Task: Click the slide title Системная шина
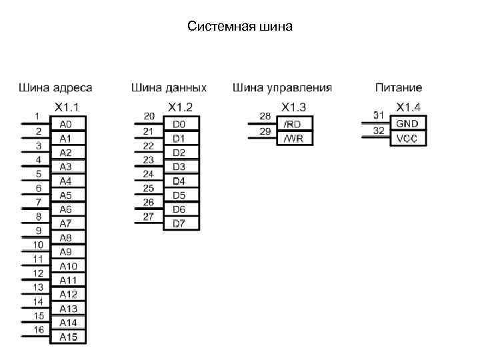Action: click(240, 27)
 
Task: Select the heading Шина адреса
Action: click(55, 88)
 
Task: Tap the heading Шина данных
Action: click(169, 88)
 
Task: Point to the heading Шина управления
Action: click(282, 88)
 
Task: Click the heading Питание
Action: click(398, 88)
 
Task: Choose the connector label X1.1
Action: click(67, 107)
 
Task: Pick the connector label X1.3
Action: click(294, 107)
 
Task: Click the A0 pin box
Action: click(67, 124)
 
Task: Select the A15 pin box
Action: click(69, 337)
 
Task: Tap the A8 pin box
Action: click(67, 237)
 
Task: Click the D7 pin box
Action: click(179, 223)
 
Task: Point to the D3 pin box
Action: click(179, 167)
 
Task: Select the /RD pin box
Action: click(293, 124)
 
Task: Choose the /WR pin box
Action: click(293, 138)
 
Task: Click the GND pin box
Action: click(407, 124)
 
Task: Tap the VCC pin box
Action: click(407, 138)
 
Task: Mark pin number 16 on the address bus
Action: click(39, 329)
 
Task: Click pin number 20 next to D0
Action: click(149, 117)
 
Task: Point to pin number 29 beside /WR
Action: click(265, 131)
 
